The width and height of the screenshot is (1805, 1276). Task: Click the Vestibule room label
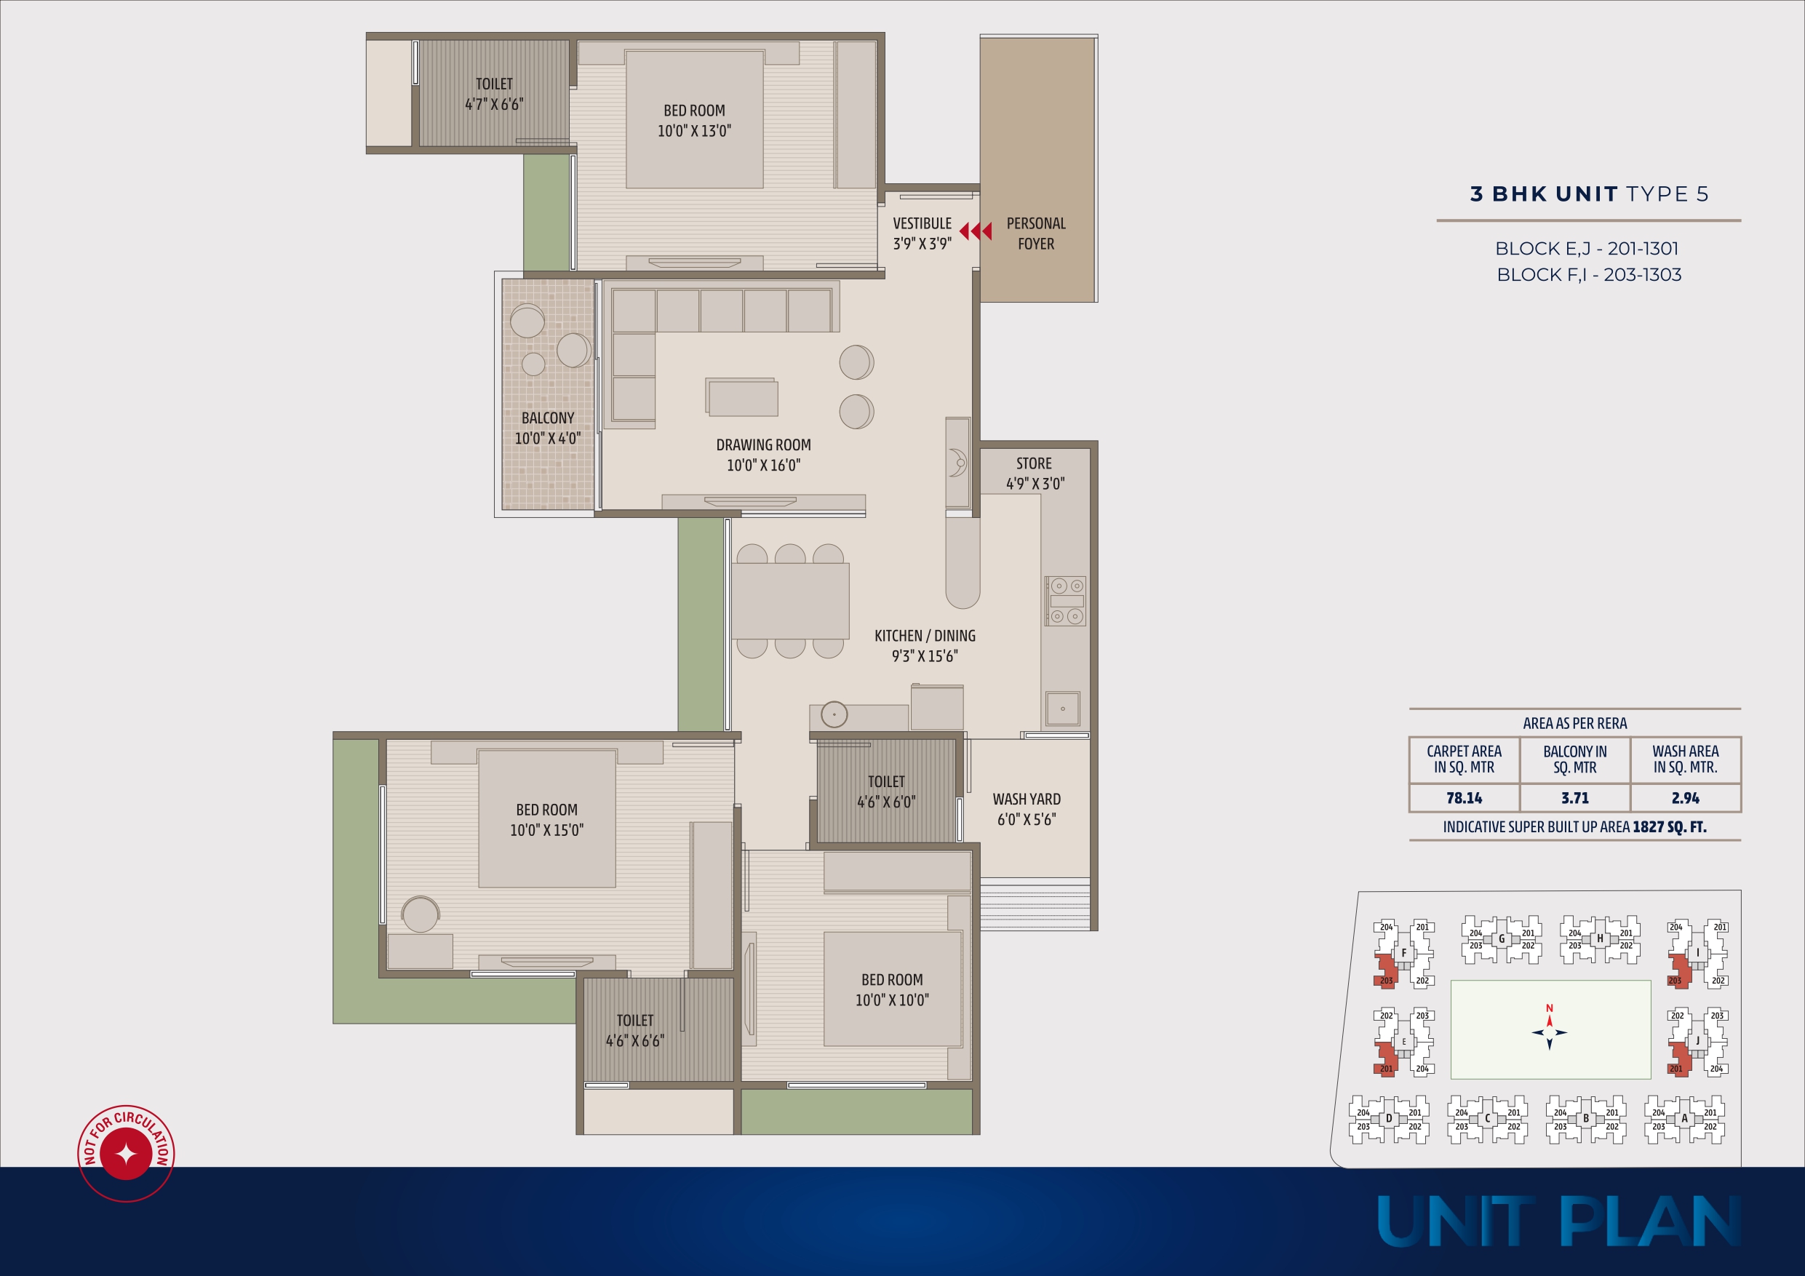coord(923,234)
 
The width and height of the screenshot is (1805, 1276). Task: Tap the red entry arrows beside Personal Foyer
coord(976,231)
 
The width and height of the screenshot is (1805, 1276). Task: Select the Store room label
coord(1035,474)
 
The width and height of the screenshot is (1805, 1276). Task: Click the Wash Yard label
coord(1027,809)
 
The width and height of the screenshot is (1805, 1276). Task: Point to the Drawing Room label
coord(763,455)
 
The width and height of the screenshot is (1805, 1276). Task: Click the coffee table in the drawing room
coord(742,397)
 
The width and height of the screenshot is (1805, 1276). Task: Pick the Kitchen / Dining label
coord(925,645)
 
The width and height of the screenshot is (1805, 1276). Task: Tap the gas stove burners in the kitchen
coord(1066,601)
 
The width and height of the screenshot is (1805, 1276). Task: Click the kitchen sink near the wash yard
coord(1062,709)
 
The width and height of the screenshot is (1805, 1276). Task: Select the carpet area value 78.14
coord(1464,798)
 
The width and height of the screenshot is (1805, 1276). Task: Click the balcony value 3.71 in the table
coord(1574,798)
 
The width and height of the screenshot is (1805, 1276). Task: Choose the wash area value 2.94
coord(1686,798)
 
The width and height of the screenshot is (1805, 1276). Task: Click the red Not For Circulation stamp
coord(126,1153)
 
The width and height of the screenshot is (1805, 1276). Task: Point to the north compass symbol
coord(1550,1031)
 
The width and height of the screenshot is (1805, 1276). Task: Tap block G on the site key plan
coord(1502,938)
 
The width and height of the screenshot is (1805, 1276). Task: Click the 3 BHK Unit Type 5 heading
coord(1589,194)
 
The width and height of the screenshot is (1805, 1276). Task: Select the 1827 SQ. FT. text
coord(1669,827)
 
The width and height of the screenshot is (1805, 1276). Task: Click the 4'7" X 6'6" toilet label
coord(494,104)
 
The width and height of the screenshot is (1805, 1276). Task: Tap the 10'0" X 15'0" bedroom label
coord(546,830)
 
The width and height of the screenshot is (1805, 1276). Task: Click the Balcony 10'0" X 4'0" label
coord(548,428)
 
